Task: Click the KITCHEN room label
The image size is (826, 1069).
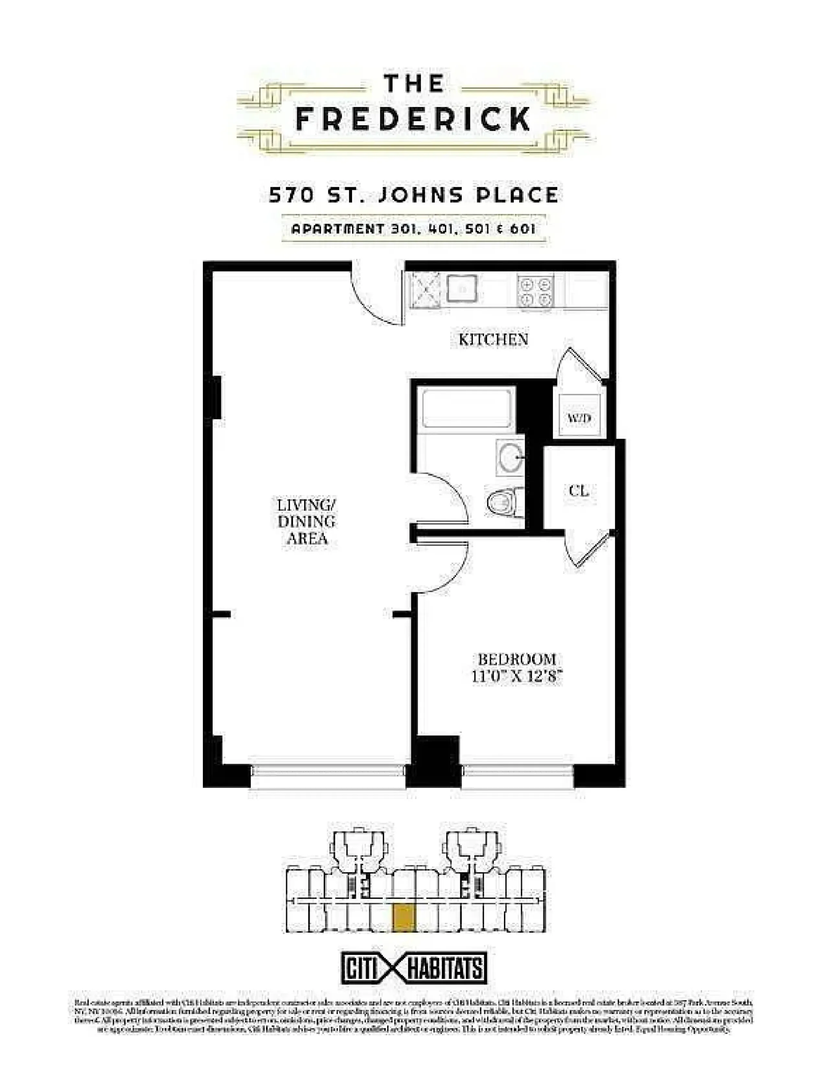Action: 493,339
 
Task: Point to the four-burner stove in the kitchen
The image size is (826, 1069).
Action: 535,292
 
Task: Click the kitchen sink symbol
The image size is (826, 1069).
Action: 462,289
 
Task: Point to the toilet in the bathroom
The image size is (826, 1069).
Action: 504,502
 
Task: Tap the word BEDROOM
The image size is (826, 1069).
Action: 517,659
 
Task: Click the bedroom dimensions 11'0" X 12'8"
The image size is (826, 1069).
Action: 517,677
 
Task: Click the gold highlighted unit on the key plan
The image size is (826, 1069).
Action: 404,917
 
